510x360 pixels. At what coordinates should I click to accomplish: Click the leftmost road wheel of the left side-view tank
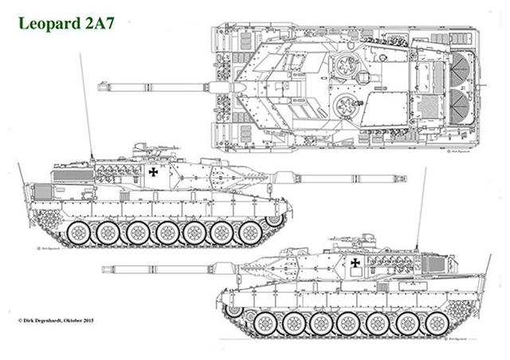point(78,233)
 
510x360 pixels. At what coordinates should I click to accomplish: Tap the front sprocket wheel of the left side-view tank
point(274,218)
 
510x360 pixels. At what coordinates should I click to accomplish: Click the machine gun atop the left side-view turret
point(143,148)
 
